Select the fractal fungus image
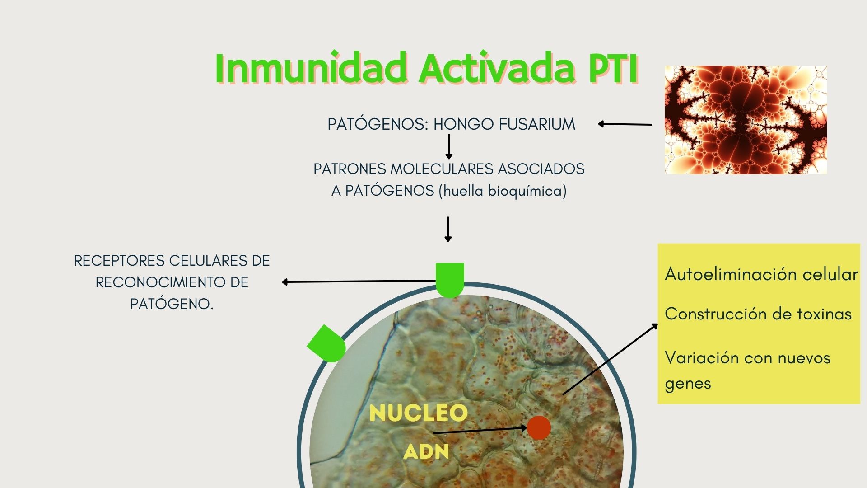(x=746, y=120)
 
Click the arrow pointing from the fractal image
(x=625, y=124)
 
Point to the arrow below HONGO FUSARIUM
(x=448, y=146)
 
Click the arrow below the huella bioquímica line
(x=448, y=229)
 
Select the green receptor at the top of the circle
(x=450, y=280)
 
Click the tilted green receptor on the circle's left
(x=327, y=344)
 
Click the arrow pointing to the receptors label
(x=359, y=282)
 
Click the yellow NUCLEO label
(x=418, y=413)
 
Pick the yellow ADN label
(x=426, y=451)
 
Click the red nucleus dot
(x=539, y=427)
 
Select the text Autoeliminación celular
(x=761, y=274)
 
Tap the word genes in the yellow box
(x=688, y=384)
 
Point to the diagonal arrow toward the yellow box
(x=610, y=359)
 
